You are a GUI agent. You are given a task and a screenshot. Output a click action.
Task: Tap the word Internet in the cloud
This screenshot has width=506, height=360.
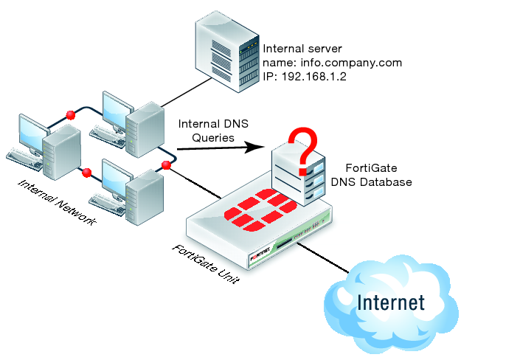point(391,302)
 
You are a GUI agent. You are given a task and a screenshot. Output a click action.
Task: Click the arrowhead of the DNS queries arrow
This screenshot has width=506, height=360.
point(258,146)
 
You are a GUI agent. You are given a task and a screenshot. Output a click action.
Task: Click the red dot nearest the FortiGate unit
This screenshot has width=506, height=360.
point(165,164)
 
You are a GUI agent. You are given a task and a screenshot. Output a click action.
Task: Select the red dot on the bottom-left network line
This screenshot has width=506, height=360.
point(87,173)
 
